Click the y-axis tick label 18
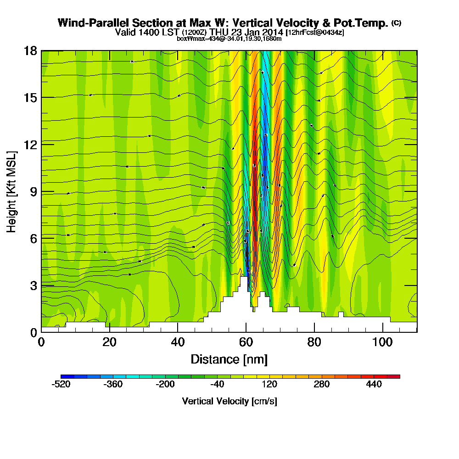pyautogui.click(x=30, y=50)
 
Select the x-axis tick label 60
pyautogui.click(x=246, y=342)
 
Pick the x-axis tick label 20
pyautogui.click(x=109, y=342)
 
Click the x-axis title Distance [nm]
pyautogui.click(x=229, y=359)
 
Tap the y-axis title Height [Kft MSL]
pyautogui.click(x=11, y=191)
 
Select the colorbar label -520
pyautogui.click(x=62, y=385)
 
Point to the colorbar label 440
pyautogui.click(x=375, y=385)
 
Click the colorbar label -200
pyautogui.click(x=166, y=385)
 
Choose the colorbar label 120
pyautogui.click(x=270, y=385)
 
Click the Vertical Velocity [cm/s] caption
pyautogui.click(x=229, y=401)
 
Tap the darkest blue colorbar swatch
pyautogui.click(x=64, y=376)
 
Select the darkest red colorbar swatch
pyautogui.click(x=397, y=376)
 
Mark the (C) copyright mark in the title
pyautogui.click(x=396, y=23)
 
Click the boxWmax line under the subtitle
pyautogui.click(x=229, y=39)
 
